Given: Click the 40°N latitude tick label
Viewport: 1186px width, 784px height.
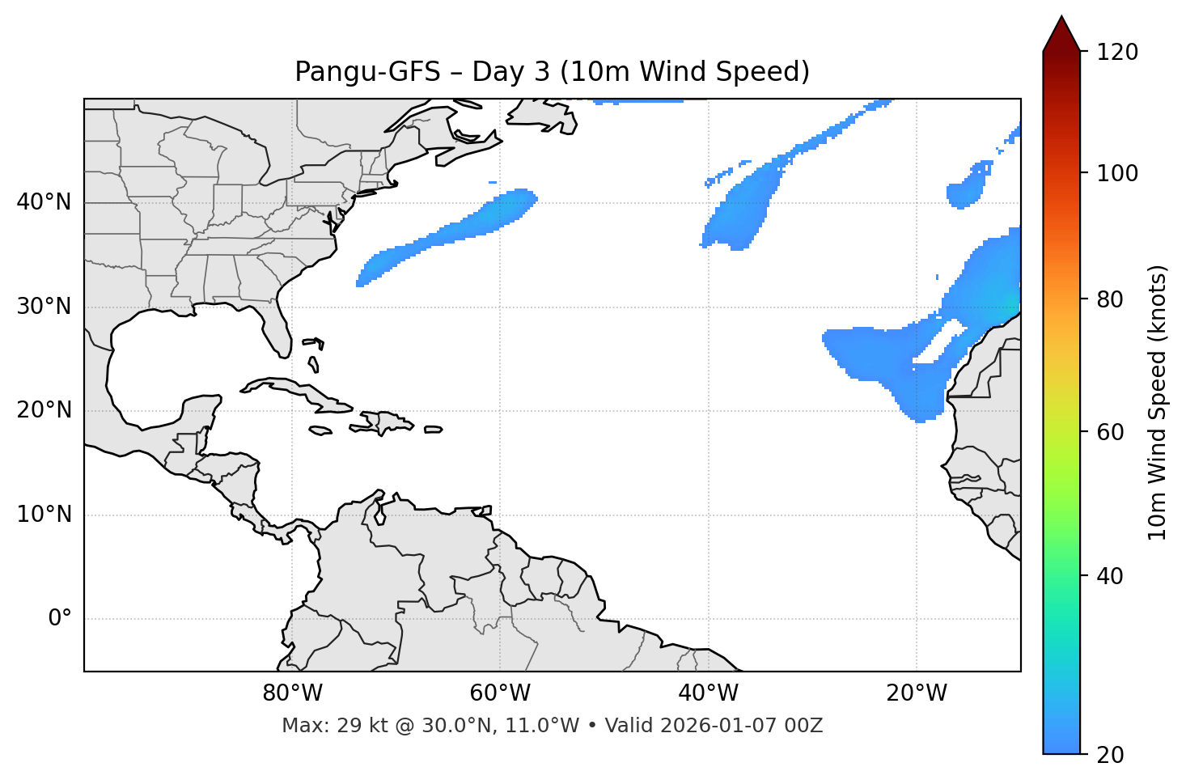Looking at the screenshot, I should (x=44, y=202).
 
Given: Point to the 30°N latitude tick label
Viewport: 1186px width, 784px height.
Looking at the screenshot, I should (x=44, y=307).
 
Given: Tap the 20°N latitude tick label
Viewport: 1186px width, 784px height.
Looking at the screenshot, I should (x=44, y=410).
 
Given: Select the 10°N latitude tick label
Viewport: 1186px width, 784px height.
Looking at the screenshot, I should (x=44, y=515).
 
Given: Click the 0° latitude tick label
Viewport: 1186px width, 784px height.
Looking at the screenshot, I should (x=60, y=619).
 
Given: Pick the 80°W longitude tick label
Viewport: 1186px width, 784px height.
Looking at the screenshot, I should (x=292, y=693).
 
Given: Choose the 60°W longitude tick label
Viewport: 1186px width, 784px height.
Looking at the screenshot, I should (x=500, y=693).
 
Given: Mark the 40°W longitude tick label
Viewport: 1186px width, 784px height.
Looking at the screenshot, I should (x=708, y=693).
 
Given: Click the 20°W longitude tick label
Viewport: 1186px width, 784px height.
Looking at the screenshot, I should (x=916, y=693).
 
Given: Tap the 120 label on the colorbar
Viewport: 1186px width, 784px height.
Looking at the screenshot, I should (x=1117, y=53).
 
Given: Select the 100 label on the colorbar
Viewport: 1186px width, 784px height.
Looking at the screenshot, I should (x=1117, y=173).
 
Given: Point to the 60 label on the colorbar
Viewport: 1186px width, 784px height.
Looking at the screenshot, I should (x=1111, y=432).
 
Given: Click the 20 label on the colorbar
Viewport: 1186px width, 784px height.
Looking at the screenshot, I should (x=1111, y=755).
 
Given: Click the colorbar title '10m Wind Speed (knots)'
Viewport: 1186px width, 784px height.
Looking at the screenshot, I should (x=1158, y=403).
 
